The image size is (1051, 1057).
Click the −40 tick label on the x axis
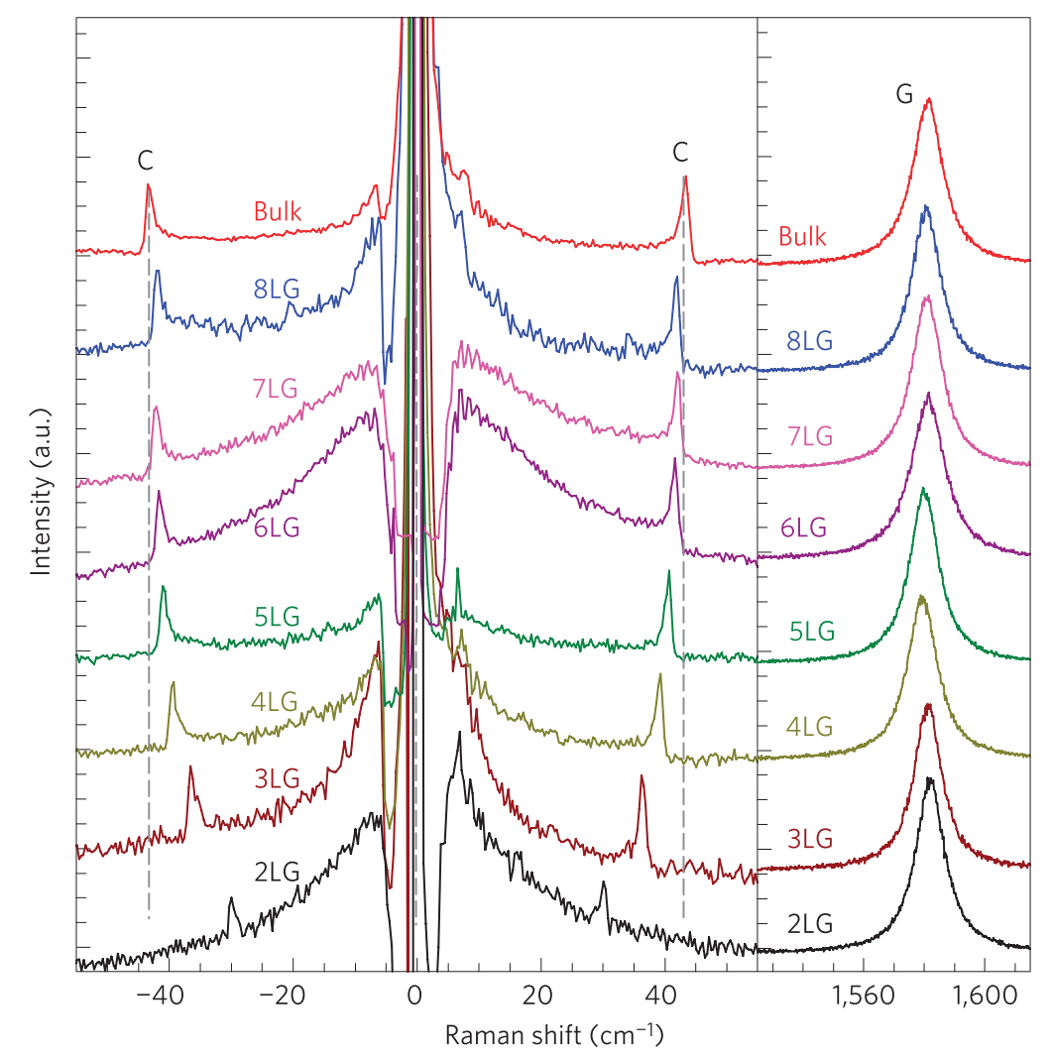(160, 995)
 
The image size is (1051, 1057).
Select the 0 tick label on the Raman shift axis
(414, 995)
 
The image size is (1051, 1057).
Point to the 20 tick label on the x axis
(537, 995)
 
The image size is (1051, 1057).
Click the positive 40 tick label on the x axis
(660, 995)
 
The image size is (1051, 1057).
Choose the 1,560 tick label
(864, 996)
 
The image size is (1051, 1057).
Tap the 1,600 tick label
(985, 996)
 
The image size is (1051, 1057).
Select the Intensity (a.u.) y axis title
(41, 492)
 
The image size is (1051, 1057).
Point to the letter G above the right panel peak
(904, 93)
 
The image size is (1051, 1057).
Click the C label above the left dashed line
(145, 161)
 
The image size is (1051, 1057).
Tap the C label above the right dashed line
(680, 153)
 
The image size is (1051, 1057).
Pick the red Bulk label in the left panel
(278, 211)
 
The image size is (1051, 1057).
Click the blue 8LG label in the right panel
(810, 341)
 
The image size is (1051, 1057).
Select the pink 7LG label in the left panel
(275, 389)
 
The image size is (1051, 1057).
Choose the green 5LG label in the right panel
(812, 632)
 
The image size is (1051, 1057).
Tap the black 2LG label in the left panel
(277, 873)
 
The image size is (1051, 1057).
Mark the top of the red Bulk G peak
(929, 99)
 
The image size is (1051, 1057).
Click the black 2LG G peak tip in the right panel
(930, 778)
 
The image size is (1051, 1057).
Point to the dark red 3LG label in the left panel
(277, 778)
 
